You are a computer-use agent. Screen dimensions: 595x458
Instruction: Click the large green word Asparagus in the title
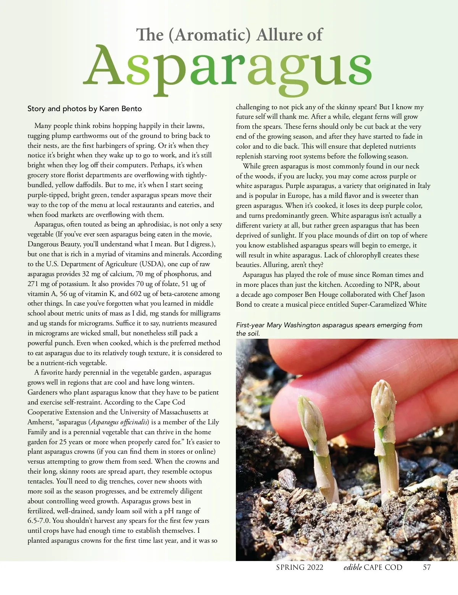(227, 67)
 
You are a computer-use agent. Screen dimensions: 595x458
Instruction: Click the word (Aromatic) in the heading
(210, 35)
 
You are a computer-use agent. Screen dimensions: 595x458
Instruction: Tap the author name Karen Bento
(120, 109)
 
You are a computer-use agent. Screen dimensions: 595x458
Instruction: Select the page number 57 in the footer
(427, 567)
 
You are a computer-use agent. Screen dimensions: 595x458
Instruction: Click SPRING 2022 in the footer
(300, 567)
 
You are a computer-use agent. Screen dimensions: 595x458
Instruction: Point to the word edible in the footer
(352, 567)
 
